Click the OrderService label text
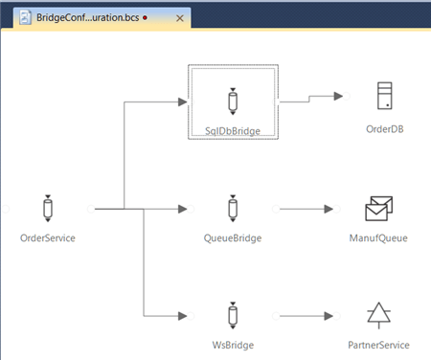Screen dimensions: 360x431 [x=48, y=238]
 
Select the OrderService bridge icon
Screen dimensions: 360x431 [x=47, y=208]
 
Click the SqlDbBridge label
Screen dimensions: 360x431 [x=233, y=129]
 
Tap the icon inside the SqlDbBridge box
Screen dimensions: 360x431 [x=233, y=101]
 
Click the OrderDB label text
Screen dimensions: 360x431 [x=384, y=129]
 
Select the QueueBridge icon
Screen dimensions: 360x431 [x=233, y=208]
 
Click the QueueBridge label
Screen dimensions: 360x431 [x=233, y=238]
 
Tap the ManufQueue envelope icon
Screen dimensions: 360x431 [x=381, y=208]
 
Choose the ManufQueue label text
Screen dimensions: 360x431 [x=381, y=238]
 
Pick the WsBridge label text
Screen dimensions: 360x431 [x=233, y=345]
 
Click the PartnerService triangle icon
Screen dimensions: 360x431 [x=381, y=314]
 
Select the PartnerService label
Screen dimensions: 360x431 [x=381, y=345]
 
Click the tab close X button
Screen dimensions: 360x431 [x=178, y=18]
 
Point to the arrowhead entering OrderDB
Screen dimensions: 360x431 [x=337, y=96]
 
